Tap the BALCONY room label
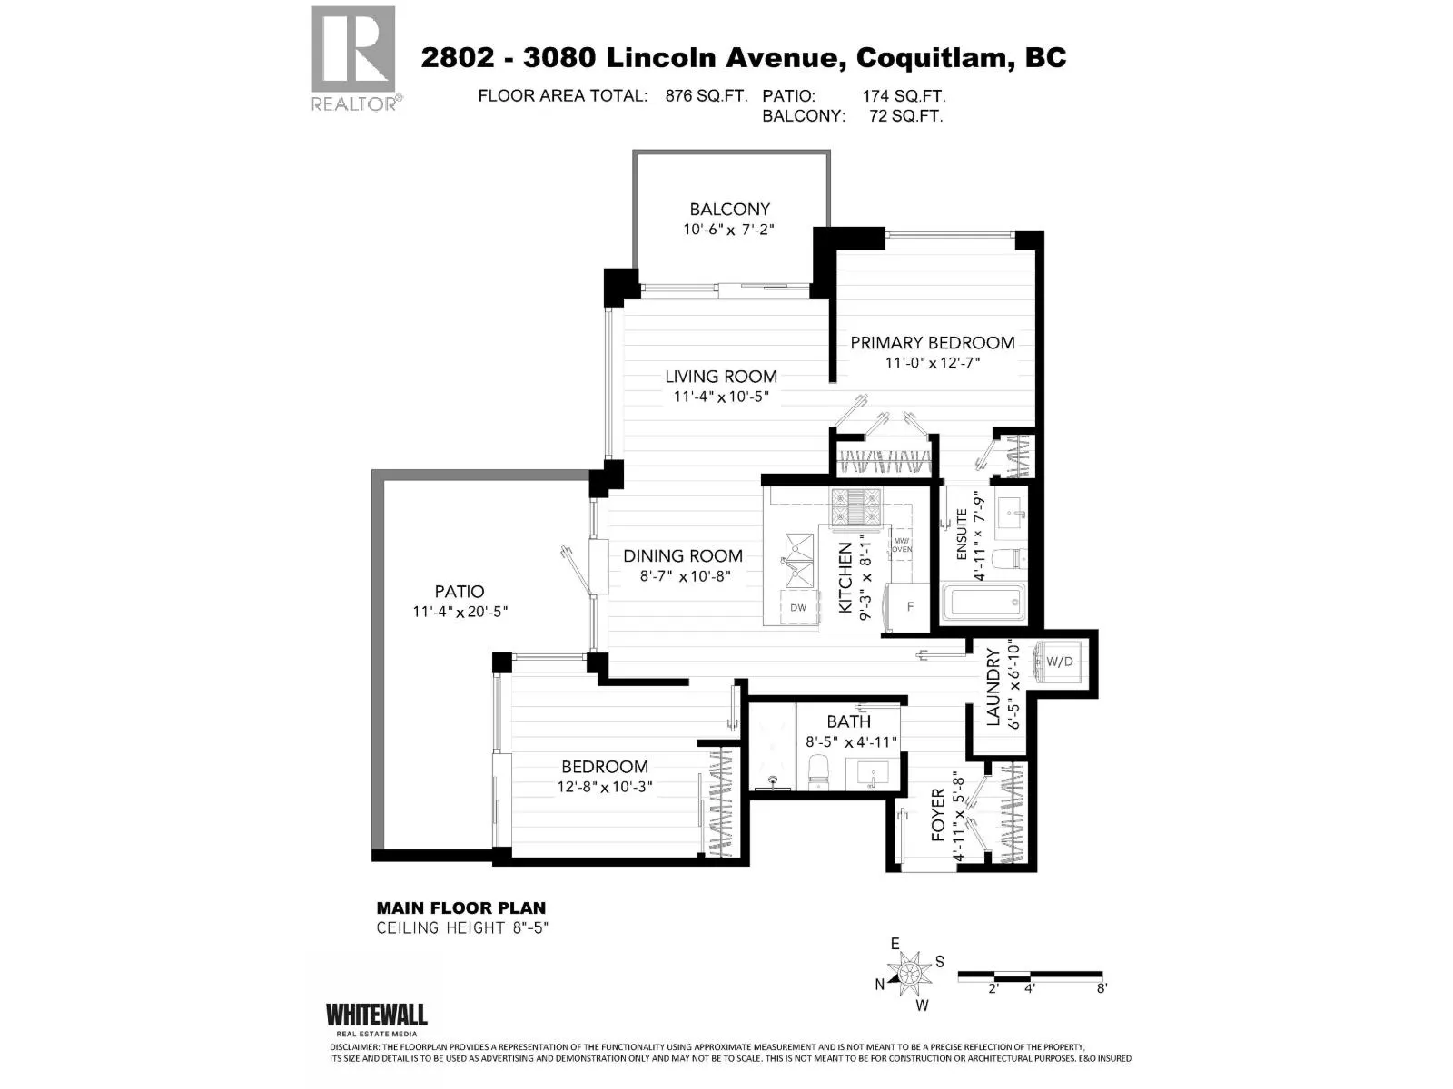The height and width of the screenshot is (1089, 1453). pos(729,209)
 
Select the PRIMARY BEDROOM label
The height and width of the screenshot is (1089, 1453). pos(932,342)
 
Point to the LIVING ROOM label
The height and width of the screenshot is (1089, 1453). pos(721,377)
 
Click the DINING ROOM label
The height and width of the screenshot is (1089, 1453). pos(683,556)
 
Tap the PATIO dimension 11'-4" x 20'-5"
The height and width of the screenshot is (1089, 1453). pos(460,612)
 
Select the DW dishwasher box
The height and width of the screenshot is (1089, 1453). pos(798,608)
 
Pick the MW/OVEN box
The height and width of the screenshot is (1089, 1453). pos(902,545)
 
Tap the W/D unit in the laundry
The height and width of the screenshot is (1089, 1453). pos(1059,662)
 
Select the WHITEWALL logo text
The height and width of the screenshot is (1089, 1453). pos(377,1015)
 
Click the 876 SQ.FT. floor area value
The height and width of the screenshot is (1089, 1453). pos(707,96)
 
